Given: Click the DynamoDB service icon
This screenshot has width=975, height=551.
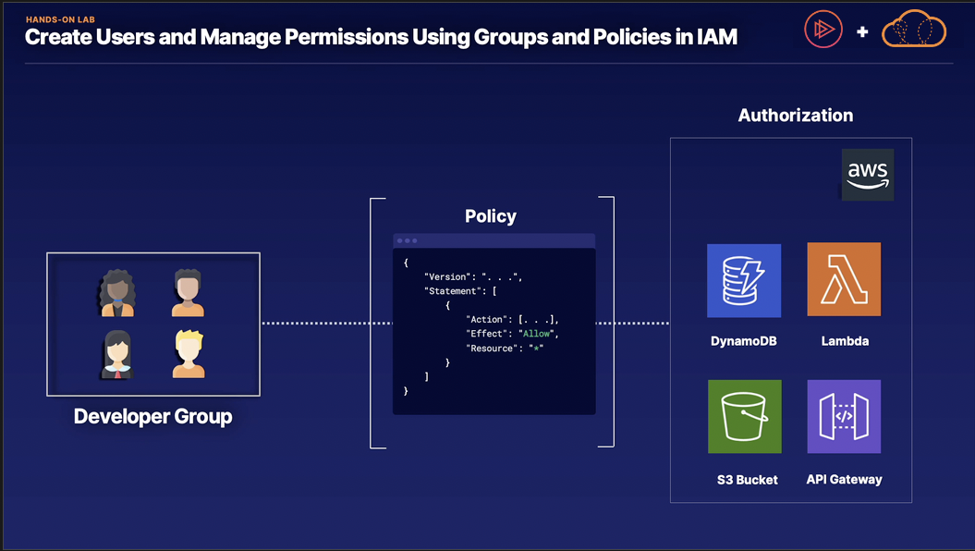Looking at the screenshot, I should tap(744, 280).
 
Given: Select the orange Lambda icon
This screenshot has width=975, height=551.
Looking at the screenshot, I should tap(844, 279).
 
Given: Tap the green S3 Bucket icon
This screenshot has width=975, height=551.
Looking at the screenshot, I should tap(744, 417).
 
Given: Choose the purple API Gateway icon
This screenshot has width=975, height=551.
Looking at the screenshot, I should tap(844, 416).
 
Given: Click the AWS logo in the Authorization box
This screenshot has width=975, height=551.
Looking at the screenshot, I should tap(868, 174).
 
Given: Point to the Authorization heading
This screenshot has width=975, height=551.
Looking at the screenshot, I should tap(795, 116).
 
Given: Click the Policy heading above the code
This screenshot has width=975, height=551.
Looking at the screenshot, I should tap(491, 216).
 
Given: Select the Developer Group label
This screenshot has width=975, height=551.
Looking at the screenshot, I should tap(153, 417).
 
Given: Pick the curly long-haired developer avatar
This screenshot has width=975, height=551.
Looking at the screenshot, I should tap(117, 293).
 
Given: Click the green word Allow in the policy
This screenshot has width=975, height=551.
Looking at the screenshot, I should tap(540, 333).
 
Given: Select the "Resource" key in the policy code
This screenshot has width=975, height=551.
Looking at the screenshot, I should tap(490, 348).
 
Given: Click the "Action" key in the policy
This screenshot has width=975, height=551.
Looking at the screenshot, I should tap(486, 319).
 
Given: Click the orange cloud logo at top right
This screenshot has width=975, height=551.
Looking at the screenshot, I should tap(914, 31).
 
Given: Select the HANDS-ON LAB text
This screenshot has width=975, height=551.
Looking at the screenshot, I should tap(61, 18).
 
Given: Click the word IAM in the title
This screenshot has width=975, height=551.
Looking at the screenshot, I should tap(711, 38).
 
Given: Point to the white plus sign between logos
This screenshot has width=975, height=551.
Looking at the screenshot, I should tap(862, 32).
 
